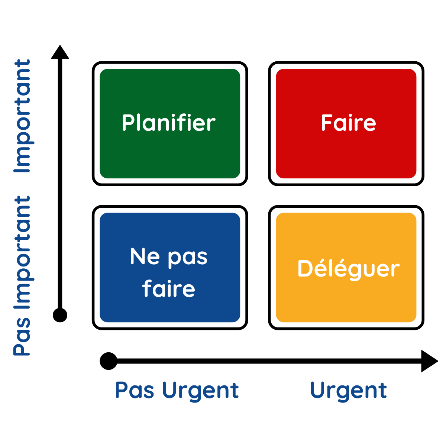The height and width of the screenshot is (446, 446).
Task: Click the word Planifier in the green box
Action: (169, 122)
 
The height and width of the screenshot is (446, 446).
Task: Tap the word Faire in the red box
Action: (349, 123)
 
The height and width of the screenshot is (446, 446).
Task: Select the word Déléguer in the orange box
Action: (349, 269)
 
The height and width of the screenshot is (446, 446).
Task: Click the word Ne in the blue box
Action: (145, 256)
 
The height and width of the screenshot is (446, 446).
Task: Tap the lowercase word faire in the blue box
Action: (168, 288)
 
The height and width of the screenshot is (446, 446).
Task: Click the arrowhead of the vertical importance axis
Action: (60, 52)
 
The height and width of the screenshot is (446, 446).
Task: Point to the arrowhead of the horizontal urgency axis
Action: (430, 361)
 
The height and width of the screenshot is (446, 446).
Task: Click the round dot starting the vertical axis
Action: (60, 315)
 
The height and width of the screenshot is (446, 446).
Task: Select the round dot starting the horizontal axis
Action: (109, 361)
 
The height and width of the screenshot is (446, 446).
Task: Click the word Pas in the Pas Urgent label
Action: (135, 390)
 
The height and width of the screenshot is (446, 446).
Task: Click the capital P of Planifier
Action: (128, 122)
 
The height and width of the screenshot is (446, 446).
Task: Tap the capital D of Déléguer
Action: (305, 268)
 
